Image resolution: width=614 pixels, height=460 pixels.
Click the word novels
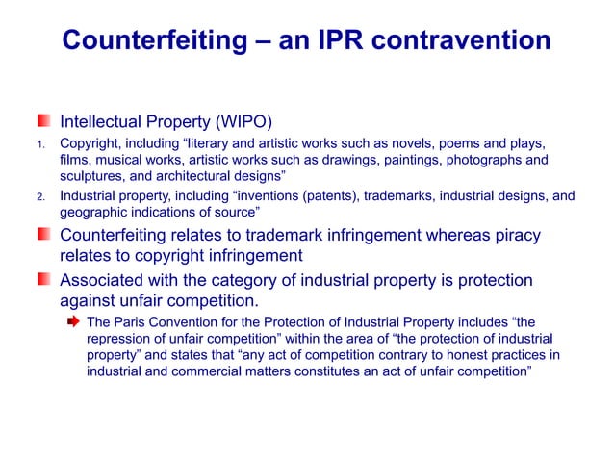422,142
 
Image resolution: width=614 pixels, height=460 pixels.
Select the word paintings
385,160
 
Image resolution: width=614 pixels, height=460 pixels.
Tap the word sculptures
94,178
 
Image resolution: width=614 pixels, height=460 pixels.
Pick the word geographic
94,214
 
